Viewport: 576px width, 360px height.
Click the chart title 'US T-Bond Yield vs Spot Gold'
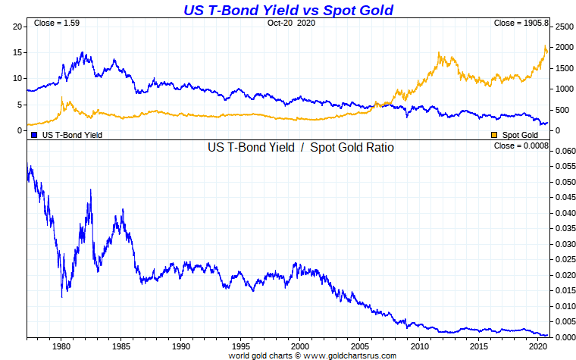point(289,10)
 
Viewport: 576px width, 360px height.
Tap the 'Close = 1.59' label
point(57,23)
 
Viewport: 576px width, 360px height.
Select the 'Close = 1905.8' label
point(521,23)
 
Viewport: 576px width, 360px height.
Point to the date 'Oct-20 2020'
point(290,23)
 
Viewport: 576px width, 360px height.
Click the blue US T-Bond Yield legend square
point(34,135)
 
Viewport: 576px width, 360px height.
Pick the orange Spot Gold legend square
point(495,135)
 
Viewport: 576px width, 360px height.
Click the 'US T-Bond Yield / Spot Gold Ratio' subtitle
point(301,147)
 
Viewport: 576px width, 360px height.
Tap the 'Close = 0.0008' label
point(521,146)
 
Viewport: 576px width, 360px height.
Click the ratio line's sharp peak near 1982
point(91,190)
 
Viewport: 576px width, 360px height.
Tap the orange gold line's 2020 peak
point(545,48)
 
